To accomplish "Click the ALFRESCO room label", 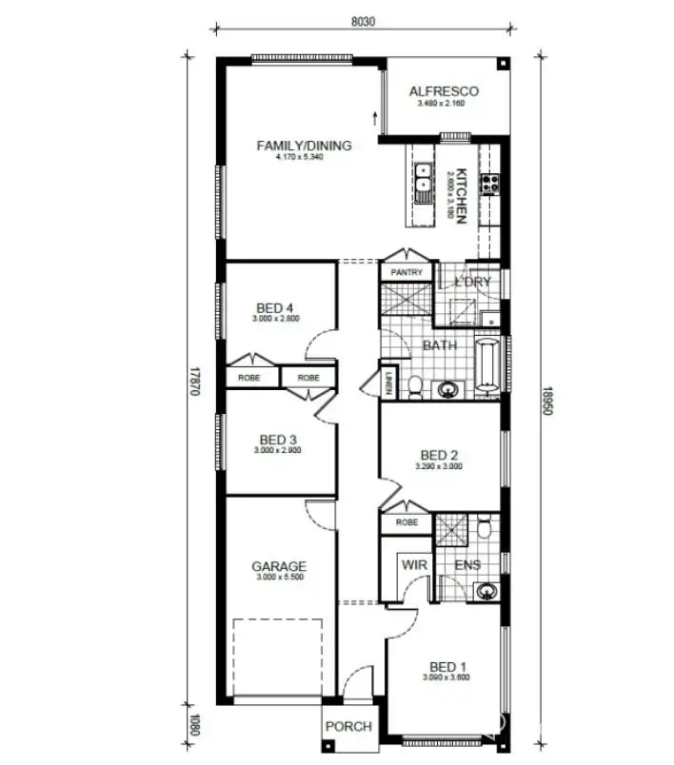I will pyautogui.click(x=444, y=92).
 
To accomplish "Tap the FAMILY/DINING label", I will pyautogui.click(x=304, y=146).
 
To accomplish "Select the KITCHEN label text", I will pyautogui.click(x=460, y=195).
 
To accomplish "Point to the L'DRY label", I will pyautogui.click(x=472, y=283).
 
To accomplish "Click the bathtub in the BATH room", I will pyautogui.click(x=486, y=364).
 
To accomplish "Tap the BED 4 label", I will pyautogui.click(x=276, y=308).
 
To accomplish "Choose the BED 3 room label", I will pyautogui.click(x=278, y=440).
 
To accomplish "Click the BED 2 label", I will pyautogui.click(x=439, y=455).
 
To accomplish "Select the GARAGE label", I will pyautogui.click(x=279, y=566).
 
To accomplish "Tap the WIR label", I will pyautogui.click(x=414, y=564).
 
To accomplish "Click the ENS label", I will pyautogui.click(x=467, y=564).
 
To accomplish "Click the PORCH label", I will pyautogui.click(x=348, y=727).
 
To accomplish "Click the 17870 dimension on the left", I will pyautogui.click(x=193, y=381).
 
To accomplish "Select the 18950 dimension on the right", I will pyautogui.click(x=546, y=401).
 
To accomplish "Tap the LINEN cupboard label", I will pyautogui.click(x=389, y=383).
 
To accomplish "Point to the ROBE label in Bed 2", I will pyautogui.click(x=406, y=522).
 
